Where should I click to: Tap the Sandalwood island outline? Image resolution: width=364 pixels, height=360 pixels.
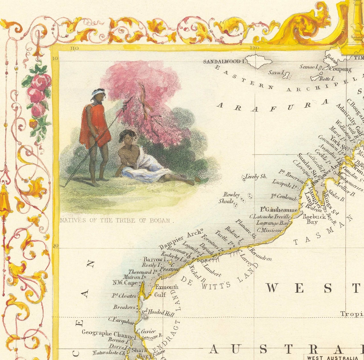tap(259, 61)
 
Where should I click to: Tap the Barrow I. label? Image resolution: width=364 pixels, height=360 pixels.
tap(153, 259)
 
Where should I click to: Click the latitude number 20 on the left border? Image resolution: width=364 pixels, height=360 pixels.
tap(55, 246)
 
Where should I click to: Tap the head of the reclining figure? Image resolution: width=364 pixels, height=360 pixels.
tap(127, 137)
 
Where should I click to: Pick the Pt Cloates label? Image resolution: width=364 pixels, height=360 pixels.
tap(124, 296)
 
